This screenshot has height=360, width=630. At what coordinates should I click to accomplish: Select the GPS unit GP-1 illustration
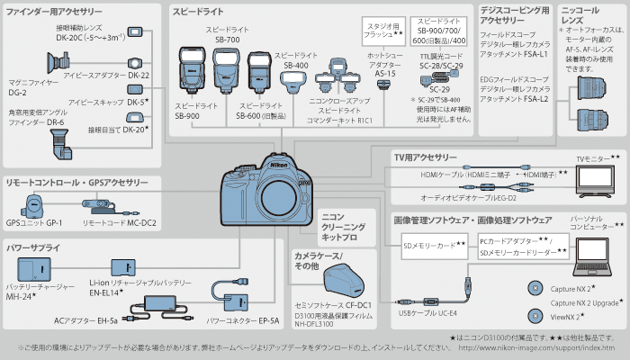pos(35,203)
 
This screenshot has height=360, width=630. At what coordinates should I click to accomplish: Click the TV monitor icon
pos(594,179)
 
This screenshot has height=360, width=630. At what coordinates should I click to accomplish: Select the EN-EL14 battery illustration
pos(123,267)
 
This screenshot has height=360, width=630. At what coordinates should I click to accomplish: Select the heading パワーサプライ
pos(33,246)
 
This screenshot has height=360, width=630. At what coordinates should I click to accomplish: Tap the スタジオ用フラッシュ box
pos(384,28)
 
